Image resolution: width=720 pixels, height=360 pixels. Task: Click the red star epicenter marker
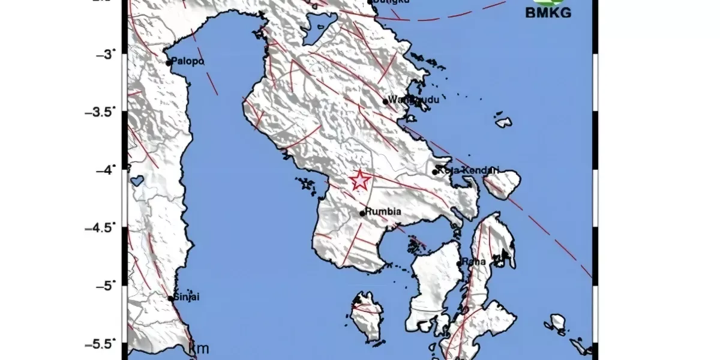(359, 180)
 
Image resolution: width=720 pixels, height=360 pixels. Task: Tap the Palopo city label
(188, 61)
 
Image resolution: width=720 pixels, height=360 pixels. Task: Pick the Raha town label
(472, 262)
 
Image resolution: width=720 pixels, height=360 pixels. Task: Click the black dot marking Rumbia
(362, 213)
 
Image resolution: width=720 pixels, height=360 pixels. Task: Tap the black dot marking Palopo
(169, 62)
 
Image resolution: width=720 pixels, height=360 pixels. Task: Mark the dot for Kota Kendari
(435, 172)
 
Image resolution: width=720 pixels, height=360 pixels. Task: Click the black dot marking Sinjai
(170, 298)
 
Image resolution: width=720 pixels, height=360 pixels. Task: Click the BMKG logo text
(548, 13)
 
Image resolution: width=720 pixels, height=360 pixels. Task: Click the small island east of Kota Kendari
(502, 183)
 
